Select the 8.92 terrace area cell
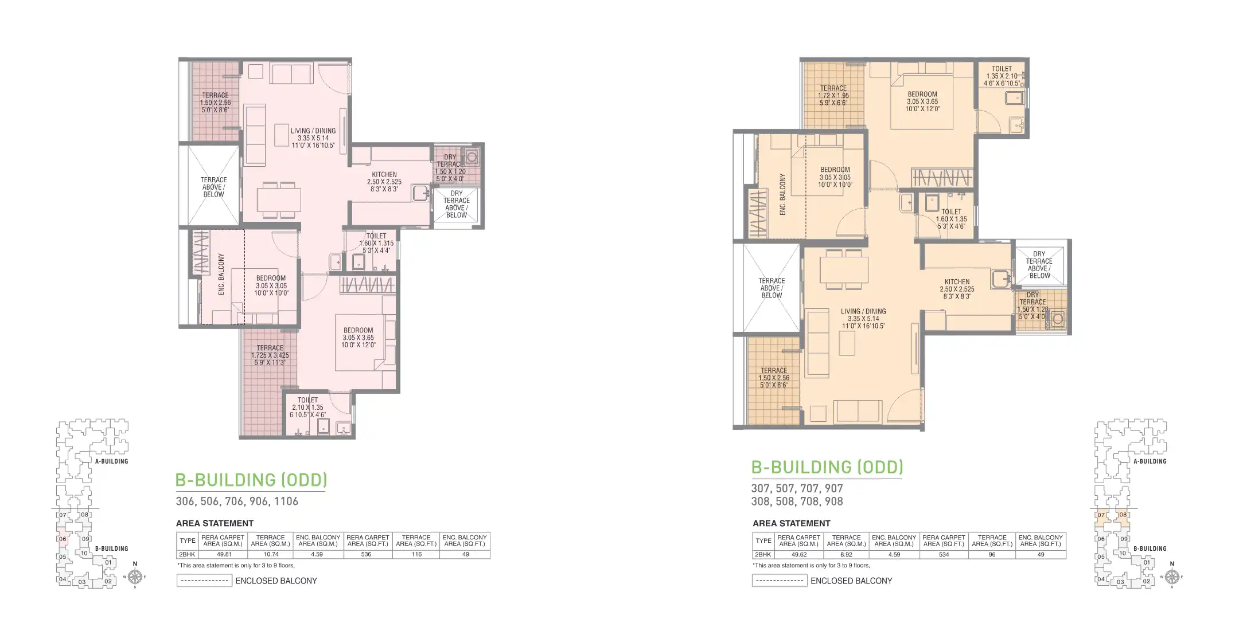[846, 554]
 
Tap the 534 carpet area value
[944, 554]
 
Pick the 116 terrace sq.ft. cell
[416, 554]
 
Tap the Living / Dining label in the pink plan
[313, 138]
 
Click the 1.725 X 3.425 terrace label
[270, 355]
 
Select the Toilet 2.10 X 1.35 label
[307, 407]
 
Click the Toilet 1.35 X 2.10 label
[1002, 76]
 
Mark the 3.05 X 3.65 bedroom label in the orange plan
[922, 101]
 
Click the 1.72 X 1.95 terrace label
[833, 96]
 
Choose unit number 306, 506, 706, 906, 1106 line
[237, 501]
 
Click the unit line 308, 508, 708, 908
[797, 501]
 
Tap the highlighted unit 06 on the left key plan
[63, 539]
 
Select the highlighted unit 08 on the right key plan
[1123, 515]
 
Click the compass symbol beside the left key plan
[135, 577]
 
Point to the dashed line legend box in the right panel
[780, 581]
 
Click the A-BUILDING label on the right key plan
[1150, 461]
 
